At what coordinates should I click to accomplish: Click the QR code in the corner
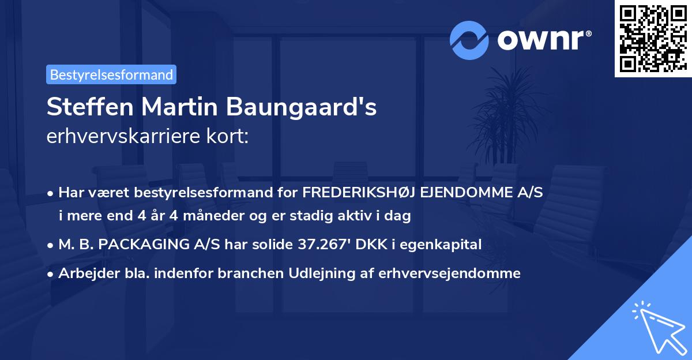click(x=653, y=38)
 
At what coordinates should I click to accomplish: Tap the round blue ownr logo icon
click(x=469, y=40)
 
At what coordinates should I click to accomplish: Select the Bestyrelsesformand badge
click(x=111, y=74)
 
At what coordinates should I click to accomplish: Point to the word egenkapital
click(x=446, y=245)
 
